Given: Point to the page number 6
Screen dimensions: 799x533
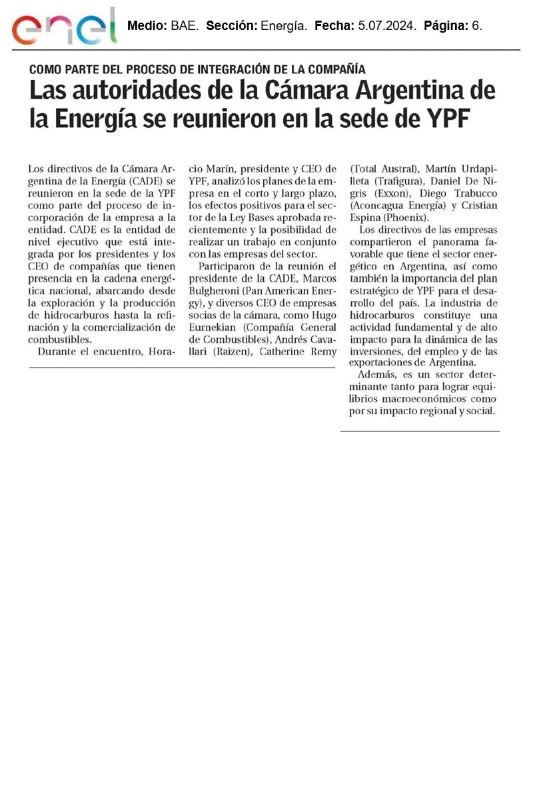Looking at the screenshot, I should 477,27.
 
